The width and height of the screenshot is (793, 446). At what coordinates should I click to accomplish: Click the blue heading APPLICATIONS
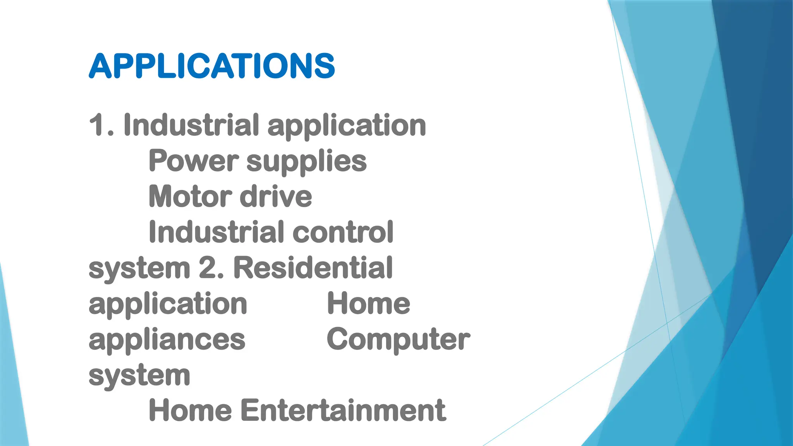coord(212,66)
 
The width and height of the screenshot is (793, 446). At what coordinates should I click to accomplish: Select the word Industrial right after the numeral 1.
coord(191,125)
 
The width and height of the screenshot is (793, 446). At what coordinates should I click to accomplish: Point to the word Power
coord(194,161)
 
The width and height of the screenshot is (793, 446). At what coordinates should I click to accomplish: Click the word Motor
coord(190,197)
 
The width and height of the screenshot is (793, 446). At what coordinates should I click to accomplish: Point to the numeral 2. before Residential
coord(211,268)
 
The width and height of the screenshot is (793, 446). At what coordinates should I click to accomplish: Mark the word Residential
coord(313,268)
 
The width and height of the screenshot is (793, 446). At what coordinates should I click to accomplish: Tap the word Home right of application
coord(369,304)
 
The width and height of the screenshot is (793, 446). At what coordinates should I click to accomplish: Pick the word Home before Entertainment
coord(190,410)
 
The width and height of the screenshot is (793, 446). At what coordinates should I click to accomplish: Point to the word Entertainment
coord(343,410)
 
